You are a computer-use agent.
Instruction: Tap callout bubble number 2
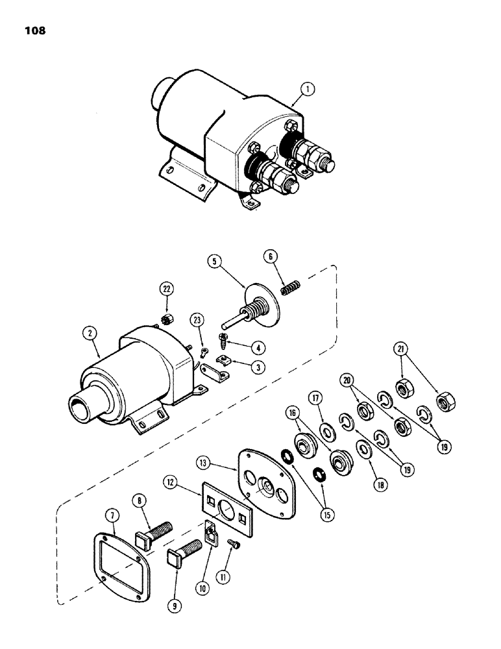pos(90,334)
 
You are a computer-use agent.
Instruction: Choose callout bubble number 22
pos(168,289)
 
